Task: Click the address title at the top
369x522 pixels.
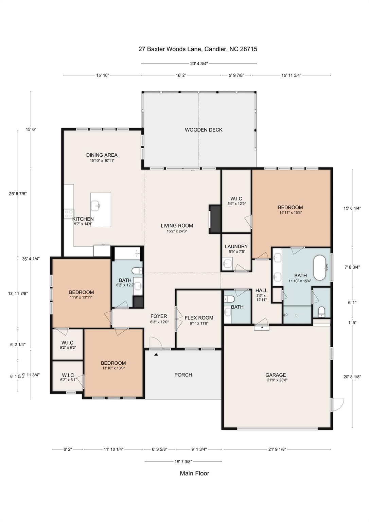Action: click(197, 49)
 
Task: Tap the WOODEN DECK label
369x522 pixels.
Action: click(204, 130)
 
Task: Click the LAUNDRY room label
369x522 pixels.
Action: click(236, 246)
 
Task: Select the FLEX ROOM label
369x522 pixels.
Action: click(199, 318)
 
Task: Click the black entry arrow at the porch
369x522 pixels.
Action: click(156, 354)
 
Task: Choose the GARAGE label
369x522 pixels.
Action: click(276, 375)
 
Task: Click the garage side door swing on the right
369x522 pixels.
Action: click(338, 404)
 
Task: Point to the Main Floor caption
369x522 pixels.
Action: click(194, 473)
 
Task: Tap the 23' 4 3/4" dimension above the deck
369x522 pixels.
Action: click(199, 64)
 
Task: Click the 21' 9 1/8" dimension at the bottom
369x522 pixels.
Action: click(277, 449)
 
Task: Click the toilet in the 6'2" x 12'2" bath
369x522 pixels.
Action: click(137, 271)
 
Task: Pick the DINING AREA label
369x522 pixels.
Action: click(102, 155)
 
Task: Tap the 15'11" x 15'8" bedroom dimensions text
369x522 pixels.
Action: click(290, 212)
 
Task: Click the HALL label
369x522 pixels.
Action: click(261, 290)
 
